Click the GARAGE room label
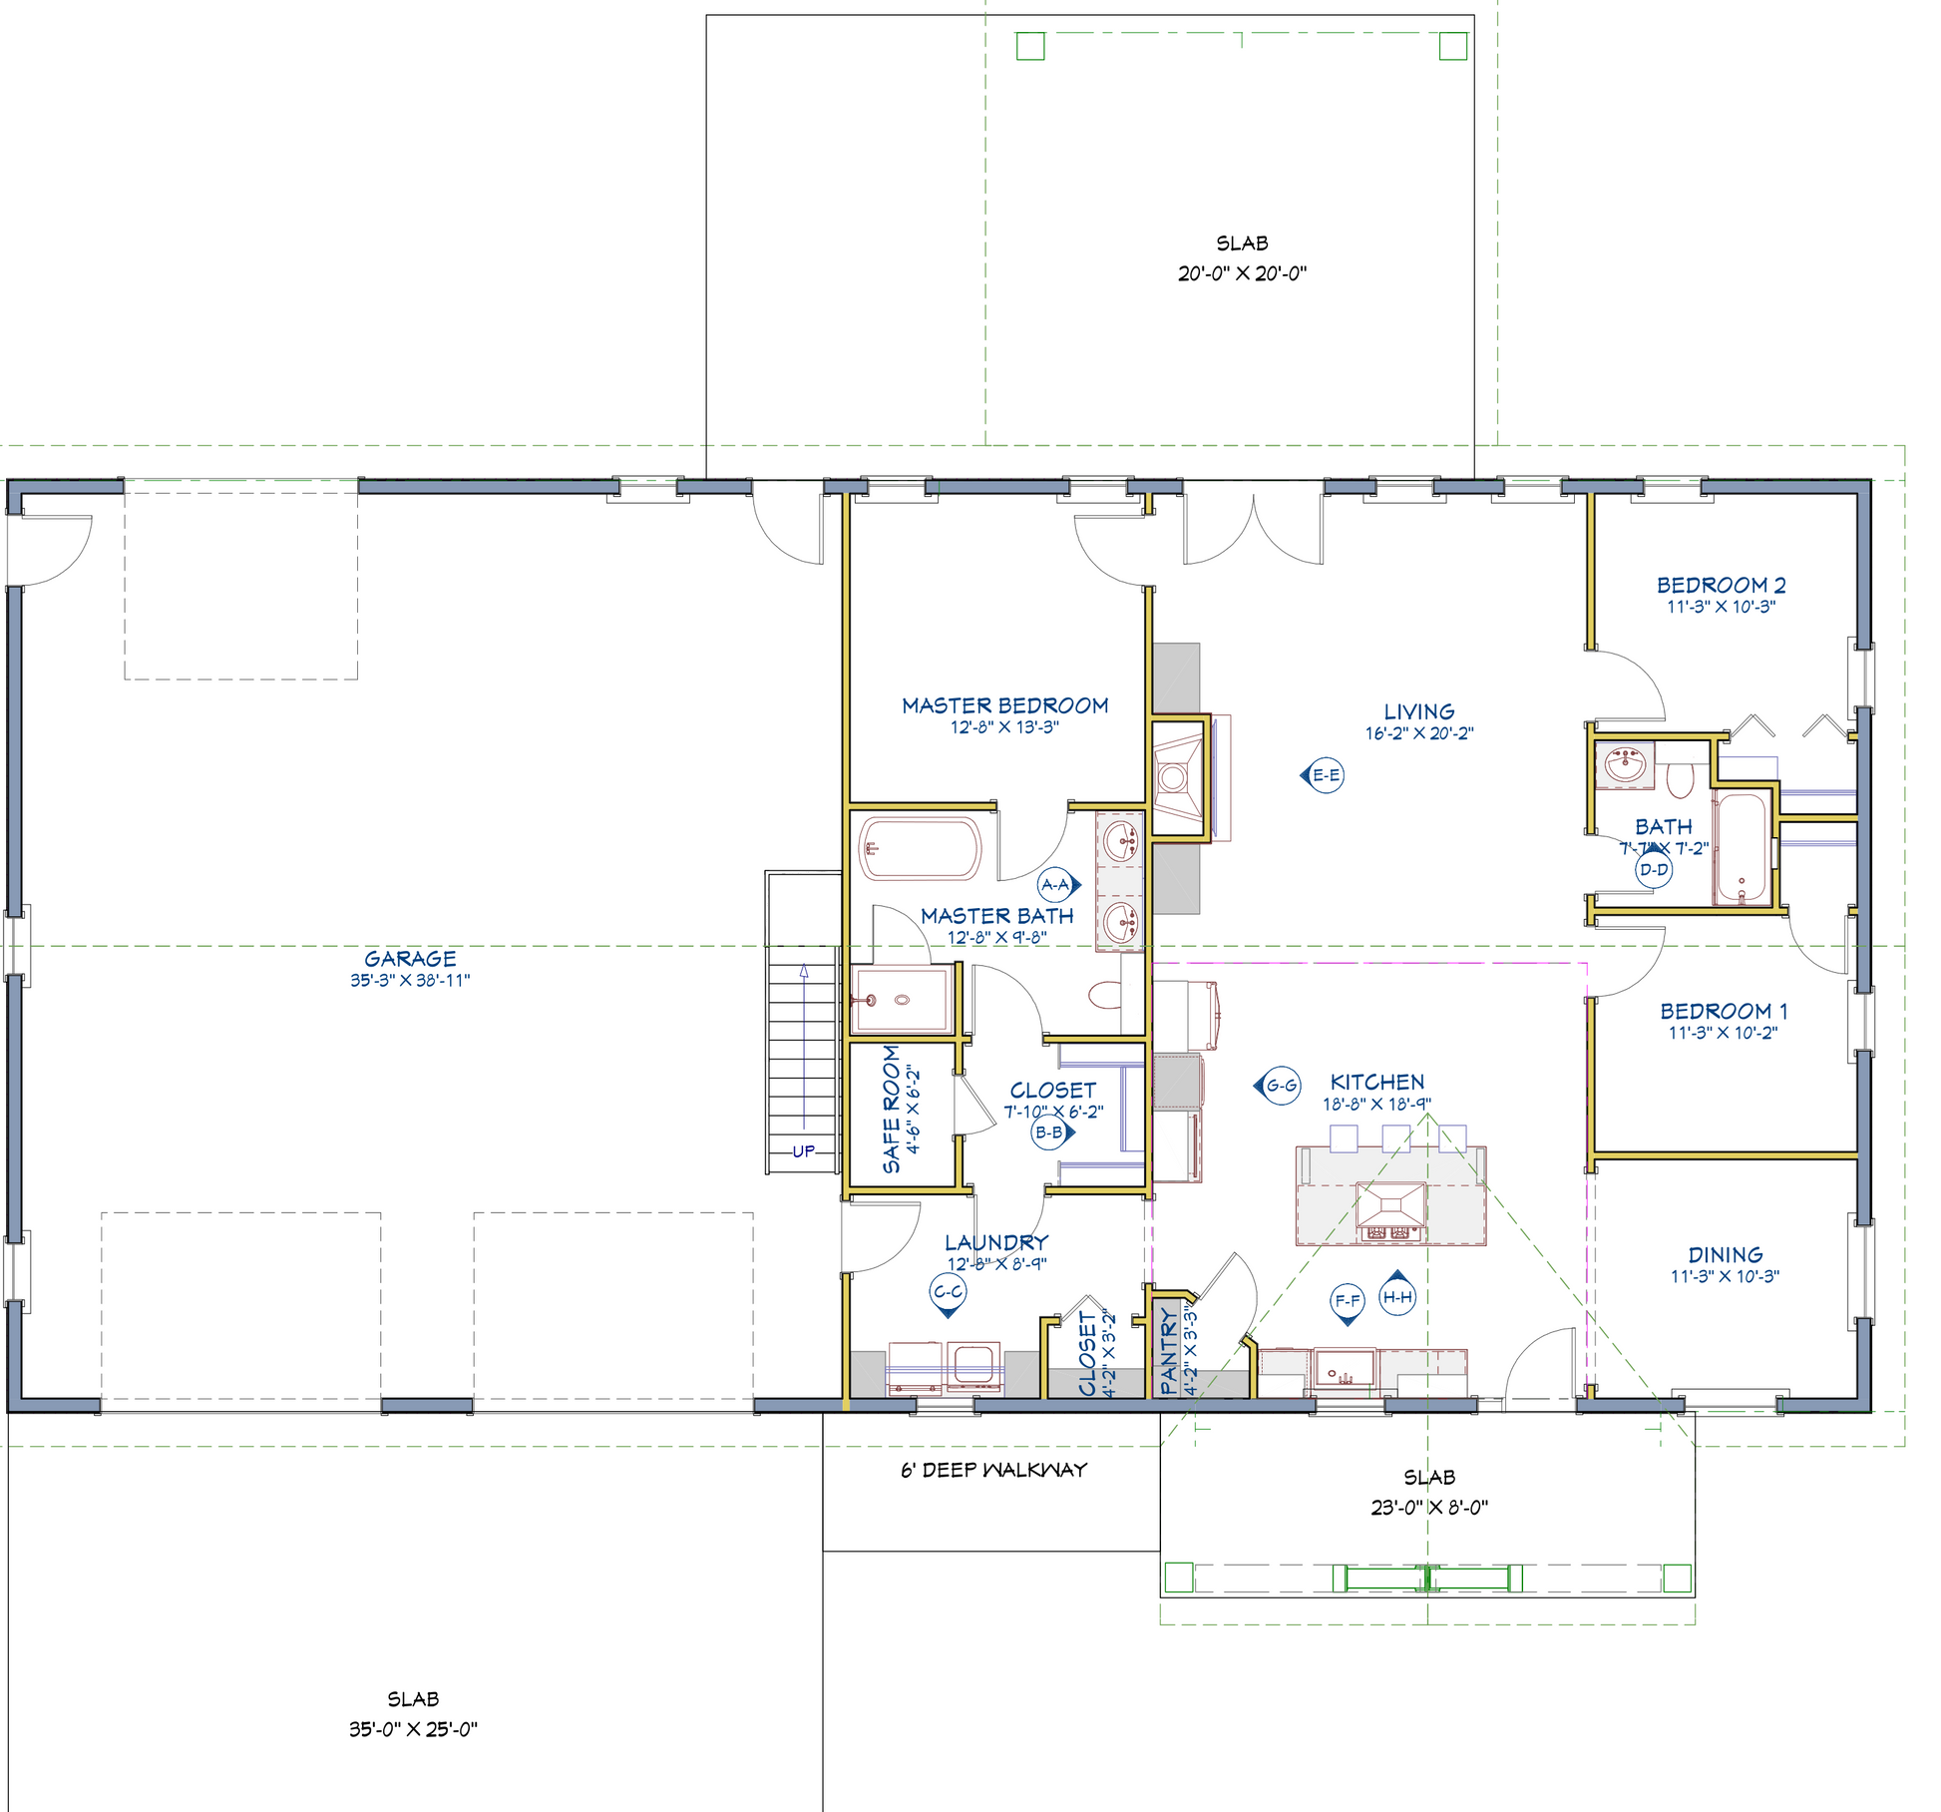(x=410, y=958)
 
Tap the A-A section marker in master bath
(x=1058, y=884)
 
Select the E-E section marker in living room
(x=1323, y=775)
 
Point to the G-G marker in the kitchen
(x=1278, y=1086)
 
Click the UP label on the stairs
(x=804, y=1150)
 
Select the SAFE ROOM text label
(x=891, y=1109)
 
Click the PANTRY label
(x=1169, y=1351)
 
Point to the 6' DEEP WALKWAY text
(x=993, y=1470)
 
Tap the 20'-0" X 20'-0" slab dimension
(x=1242, y=273)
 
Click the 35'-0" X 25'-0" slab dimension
(x=413, y=1729)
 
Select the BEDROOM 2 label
(x=1722, y=585)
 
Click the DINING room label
(x=1726, y=1254)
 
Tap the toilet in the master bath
(x=1105, y=995)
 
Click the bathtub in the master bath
(x=922, y=849)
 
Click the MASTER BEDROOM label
(x=1005, y=705)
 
